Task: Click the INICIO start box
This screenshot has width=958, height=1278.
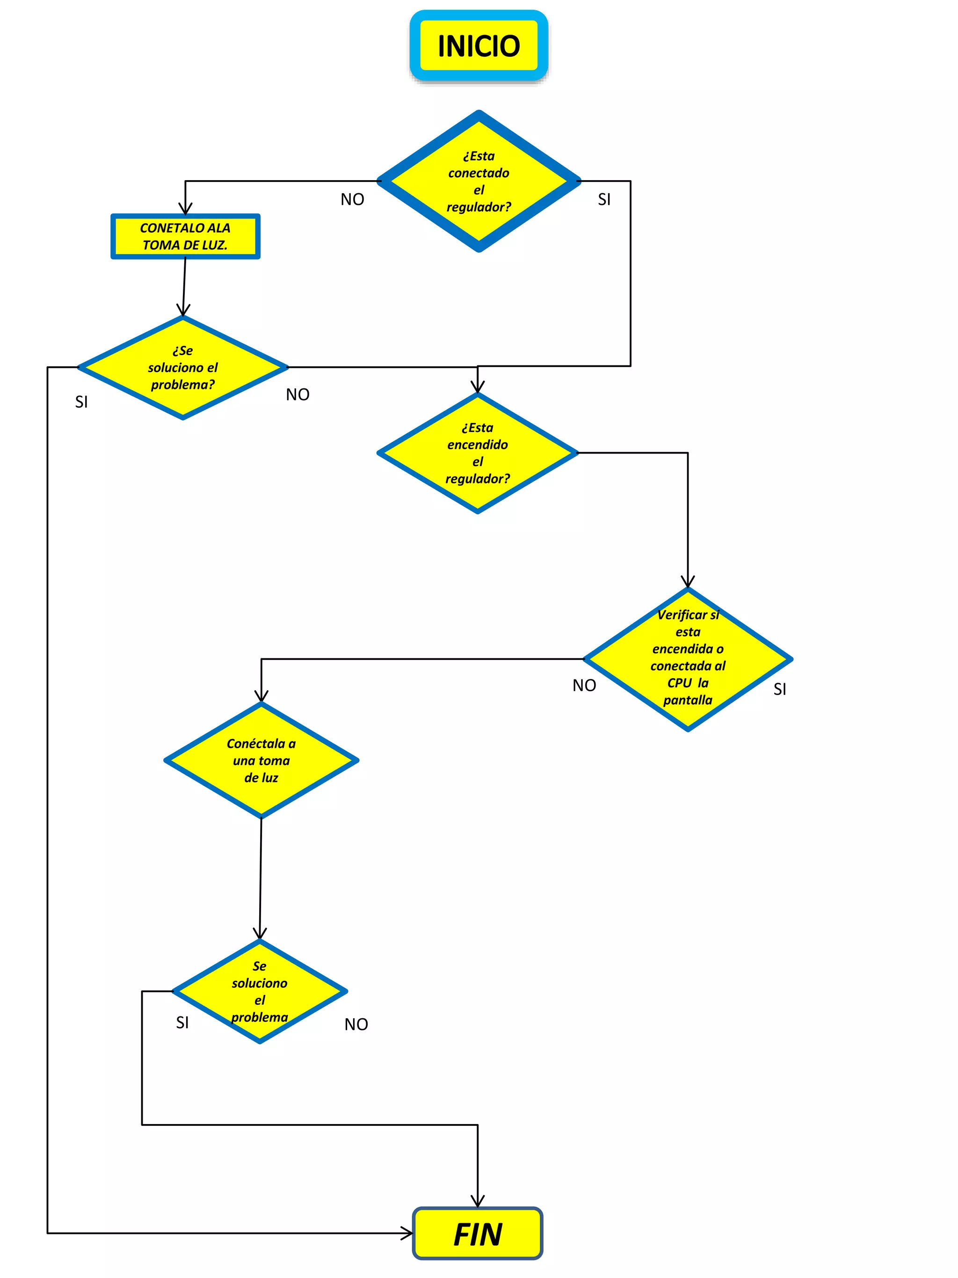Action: coord(478,46)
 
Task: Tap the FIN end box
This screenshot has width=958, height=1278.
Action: coord(478,1234)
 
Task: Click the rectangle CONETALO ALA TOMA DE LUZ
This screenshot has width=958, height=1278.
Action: coord(185,236)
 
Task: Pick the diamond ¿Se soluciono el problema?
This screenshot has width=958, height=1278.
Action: coord(182,367)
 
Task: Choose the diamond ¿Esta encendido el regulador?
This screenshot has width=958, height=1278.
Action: coord(478,453)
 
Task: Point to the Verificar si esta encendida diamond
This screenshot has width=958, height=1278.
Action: coord(687,658)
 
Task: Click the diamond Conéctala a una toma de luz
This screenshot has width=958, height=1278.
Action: coord(261,760)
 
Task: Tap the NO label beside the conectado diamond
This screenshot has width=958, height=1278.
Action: coord(352,199)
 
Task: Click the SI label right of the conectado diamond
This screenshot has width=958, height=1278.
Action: coord(604,199)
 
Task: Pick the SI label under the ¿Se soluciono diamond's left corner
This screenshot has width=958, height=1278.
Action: coord(81,402)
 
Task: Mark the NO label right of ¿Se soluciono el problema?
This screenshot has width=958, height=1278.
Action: coord(298,394)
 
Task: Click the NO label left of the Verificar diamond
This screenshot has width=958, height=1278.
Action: coord(584,685)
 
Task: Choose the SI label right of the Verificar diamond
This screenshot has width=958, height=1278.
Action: coord(780,689)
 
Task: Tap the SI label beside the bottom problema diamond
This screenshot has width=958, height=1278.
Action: coord(182,1022)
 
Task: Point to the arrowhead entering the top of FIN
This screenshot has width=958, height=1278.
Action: coord(478,1202)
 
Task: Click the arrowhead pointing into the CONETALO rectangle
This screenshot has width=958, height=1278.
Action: coord(185,209)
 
